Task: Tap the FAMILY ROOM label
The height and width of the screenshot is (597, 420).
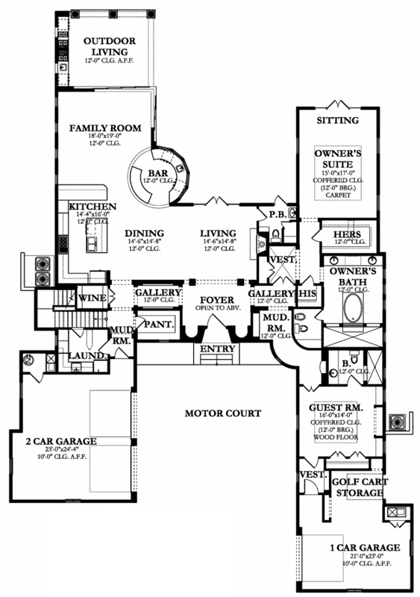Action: pyautogui.click(x=105, y=128)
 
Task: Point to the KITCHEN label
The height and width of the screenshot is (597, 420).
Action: pyautogui.click(x=93, y=207)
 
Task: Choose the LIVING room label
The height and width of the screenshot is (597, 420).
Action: pyautogui.click(x=218, y=233)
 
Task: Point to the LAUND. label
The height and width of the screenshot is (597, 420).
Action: pyautogui.click(x=87, y=357)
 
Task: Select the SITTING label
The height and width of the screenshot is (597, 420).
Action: pyautogui.click(x=338, y=120)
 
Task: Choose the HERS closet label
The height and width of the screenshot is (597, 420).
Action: pyautogui.click(x=347, y=234)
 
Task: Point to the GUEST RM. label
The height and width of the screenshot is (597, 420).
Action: pyautogui.click(x=336, y=408)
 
